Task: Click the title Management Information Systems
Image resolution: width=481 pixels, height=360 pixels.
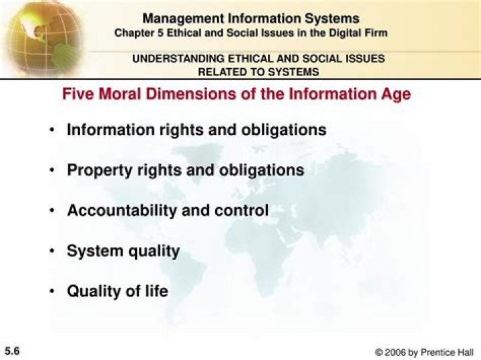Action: pos(251,19)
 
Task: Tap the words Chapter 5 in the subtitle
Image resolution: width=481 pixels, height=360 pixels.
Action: pos(136,32)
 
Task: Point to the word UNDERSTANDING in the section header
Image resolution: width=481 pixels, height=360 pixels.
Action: pos(170,59)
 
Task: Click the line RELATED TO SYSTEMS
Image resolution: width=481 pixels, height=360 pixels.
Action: pos(258,71)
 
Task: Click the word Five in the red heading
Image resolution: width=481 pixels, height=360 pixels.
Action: pos(77,94)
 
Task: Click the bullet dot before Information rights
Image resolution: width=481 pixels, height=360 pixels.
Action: pos(51,130)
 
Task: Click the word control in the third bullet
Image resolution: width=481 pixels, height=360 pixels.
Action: pos(241,210)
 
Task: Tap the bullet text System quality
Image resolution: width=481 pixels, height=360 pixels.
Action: pos(123,251)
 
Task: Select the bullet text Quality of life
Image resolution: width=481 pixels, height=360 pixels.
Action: pos(117,291)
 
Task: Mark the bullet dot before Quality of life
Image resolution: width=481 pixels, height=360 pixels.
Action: pos(51,292)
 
